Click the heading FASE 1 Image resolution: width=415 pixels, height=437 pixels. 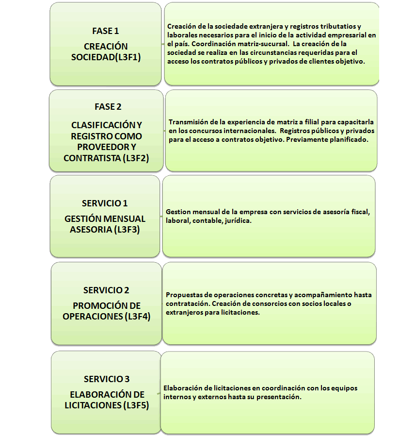coord(106,31)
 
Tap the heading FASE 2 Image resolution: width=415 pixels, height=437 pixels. coord(108,107)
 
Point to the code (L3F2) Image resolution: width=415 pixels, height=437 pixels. coord(136,158)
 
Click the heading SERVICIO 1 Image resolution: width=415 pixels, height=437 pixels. coord(105,203)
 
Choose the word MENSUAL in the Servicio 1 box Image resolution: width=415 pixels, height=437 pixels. coord(125,219)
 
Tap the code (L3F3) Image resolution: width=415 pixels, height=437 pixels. coord(127,229)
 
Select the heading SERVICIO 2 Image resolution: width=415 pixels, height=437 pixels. coord(106,290)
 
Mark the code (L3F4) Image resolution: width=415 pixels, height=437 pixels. coord(138,316)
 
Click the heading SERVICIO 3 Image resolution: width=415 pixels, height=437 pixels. coord(107,379)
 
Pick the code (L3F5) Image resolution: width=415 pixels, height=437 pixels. coord(136,405)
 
